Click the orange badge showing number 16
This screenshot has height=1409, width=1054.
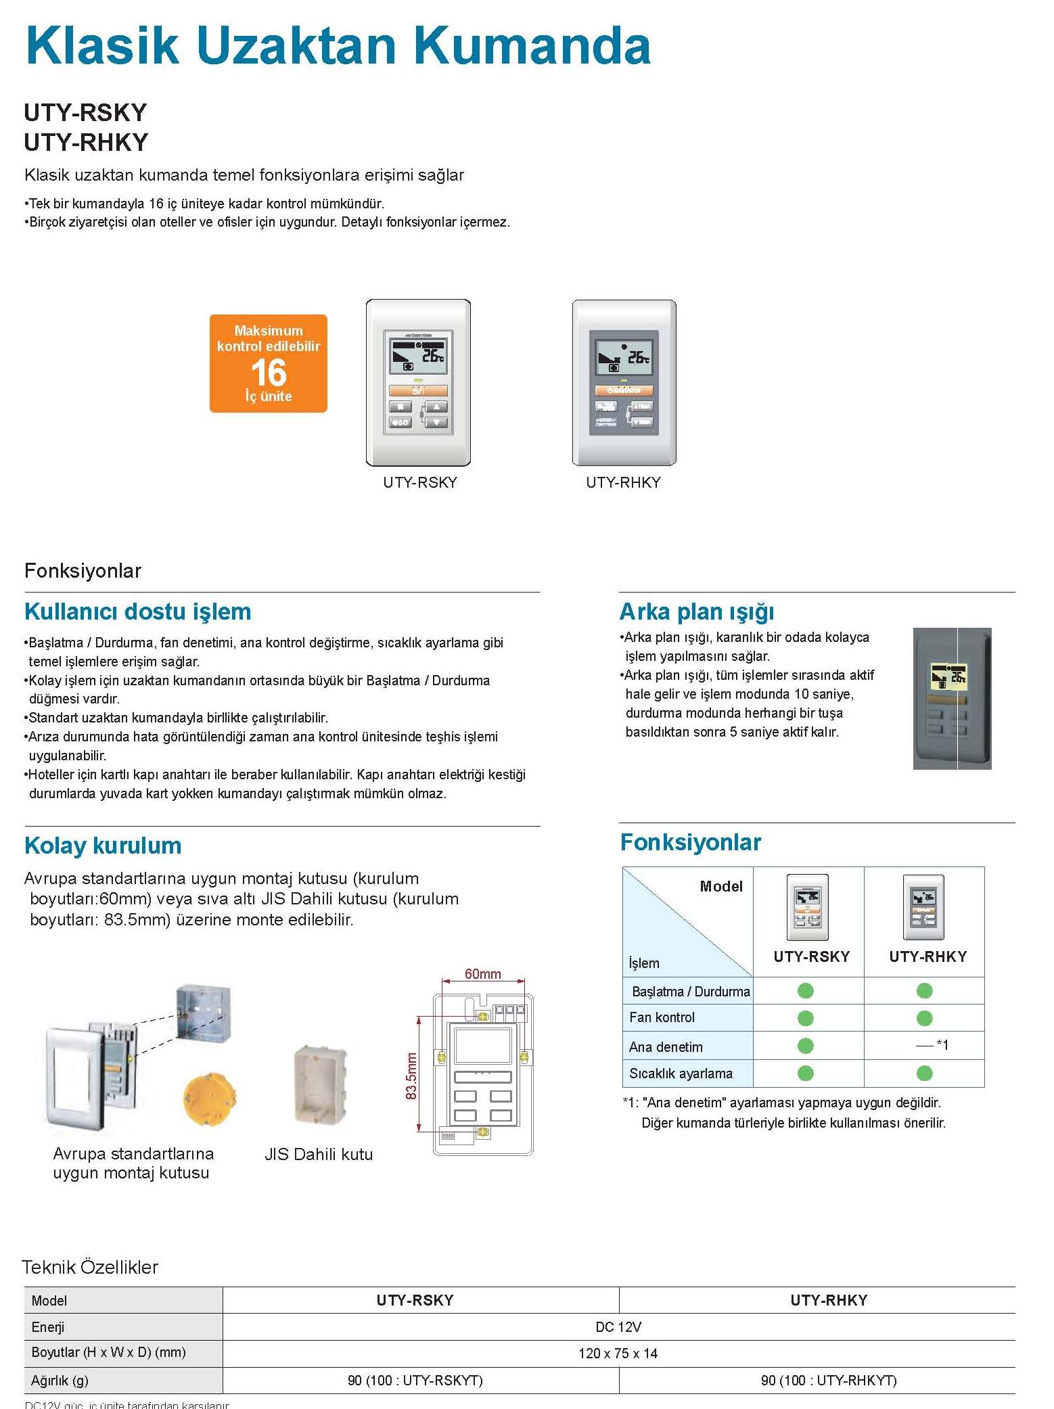click(x=269, y=364)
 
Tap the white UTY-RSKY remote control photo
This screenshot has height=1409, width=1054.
click(x=418, y=383)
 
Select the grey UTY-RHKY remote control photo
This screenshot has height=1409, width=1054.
click(x=624, y=383)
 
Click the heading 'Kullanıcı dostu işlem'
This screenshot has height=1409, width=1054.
click(x=138, y=611)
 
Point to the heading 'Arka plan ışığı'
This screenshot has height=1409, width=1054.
click(x=697, y=611)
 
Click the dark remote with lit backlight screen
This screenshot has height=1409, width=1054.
click(x=952, y=698)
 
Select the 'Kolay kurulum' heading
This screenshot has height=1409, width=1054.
click(x=103, y=846)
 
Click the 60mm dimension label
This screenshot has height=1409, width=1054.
click(x=482, y=974)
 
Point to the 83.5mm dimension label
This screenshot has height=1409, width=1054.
click(x=411, y=1076)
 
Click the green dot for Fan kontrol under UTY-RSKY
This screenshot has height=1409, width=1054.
click(x=805, y=1018)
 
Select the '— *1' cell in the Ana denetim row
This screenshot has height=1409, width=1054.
click(x=932, y=1045)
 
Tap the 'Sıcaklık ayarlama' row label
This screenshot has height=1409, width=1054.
click(x=681, y=1073)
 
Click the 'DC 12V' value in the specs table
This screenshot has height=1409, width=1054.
click(x=618, y=1327)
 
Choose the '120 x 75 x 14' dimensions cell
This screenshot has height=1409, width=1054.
click(x=618, y=1354)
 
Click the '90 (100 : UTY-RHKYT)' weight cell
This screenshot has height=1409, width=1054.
click(x=829, y=1381)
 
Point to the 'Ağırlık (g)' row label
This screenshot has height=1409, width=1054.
click(x=60, y=1381)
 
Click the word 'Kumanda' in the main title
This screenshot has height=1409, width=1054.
click(x=532, y=46)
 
